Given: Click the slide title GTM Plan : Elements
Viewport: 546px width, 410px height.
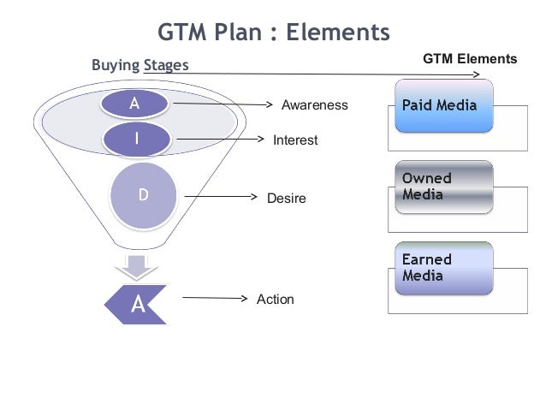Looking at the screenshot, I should click(274, 32).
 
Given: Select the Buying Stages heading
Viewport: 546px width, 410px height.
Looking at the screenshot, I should click(139, 65).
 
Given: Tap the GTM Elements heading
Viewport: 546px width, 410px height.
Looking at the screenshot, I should click(470, 59).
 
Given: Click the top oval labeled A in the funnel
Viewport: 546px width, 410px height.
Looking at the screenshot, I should click(135, 104).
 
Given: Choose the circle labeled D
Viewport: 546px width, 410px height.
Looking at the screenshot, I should click(143, 195).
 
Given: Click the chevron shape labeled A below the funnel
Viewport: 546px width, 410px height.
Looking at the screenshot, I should click(137, 304).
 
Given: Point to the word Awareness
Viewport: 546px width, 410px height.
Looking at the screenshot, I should click(315, 105).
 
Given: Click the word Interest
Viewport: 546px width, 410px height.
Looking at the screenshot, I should click(295, 140).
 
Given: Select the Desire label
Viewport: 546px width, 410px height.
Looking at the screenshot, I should click(286, 199).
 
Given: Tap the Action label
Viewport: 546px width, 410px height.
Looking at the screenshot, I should click(275, 300).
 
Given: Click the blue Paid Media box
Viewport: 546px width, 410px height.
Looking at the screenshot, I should click(444, 105).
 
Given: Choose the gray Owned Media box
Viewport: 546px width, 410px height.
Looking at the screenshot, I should click(444, 187).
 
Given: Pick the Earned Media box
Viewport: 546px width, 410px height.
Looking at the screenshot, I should click(444, 268).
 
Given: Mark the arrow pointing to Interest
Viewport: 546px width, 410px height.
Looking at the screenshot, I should click(221, 139).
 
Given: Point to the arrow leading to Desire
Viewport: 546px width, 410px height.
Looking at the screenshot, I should click(221, 197).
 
